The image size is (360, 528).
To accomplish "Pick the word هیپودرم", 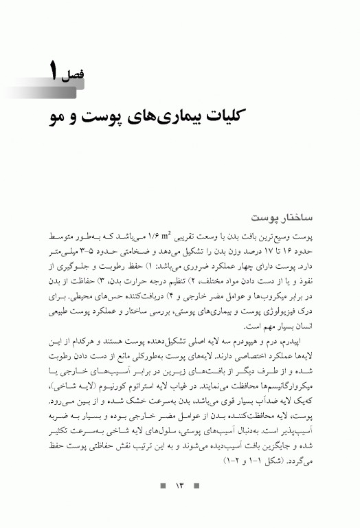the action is coord(248,341).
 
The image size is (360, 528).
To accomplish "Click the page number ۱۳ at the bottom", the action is coord(181,487).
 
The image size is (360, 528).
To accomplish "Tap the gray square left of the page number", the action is coord(163,487).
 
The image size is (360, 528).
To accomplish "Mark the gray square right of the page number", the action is coord(197,487).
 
